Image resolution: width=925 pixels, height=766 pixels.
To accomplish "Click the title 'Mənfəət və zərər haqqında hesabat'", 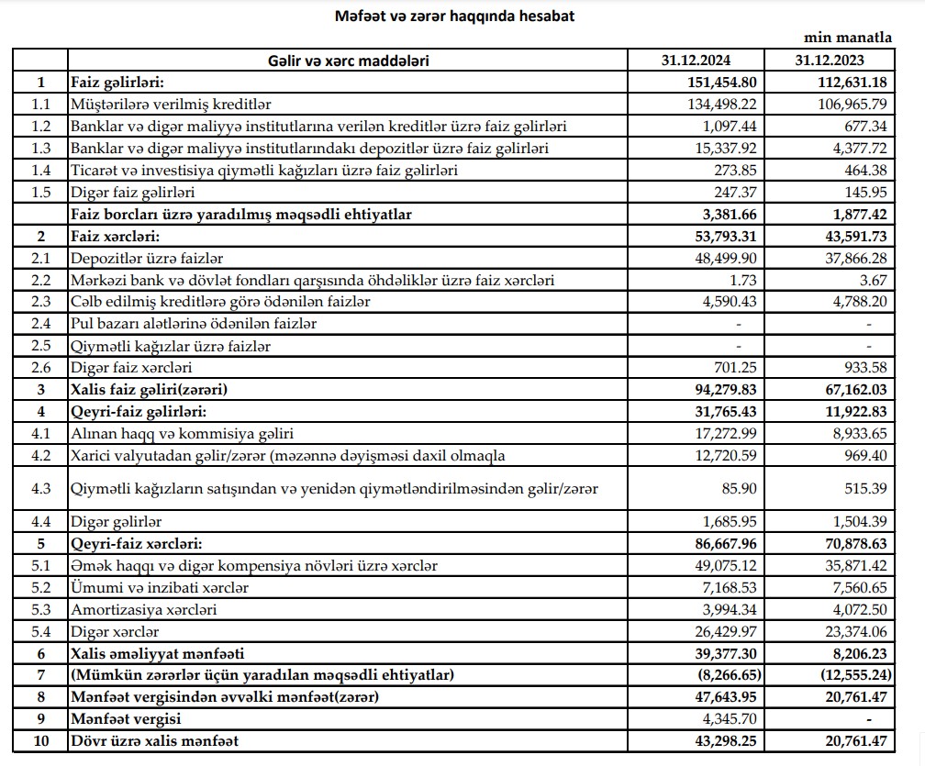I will (441, 16).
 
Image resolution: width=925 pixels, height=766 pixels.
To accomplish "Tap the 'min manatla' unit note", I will (849, 39).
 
